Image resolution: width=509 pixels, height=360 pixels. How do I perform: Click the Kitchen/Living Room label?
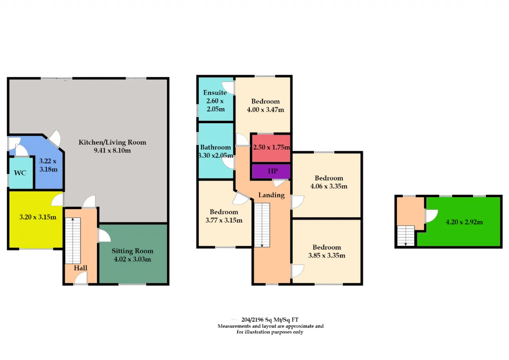(112, 142)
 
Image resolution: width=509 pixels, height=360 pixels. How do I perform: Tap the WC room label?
(20, 173)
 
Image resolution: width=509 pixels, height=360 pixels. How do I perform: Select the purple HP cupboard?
(271, 171)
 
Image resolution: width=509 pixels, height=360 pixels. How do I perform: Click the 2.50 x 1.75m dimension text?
(272, 147)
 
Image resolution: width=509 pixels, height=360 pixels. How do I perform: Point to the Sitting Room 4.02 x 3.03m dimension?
(132, 259)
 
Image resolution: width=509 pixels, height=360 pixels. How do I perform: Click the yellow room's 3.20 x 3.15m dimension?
(38, 217)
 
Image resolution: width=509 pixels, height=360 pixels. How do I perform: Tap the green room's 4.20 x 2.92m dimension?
(464, 222)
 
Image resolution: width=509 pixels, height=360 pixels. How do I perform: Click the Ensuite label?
(215, 93)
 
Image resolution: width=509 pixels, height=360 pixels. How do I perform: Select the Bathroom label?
(216, 147)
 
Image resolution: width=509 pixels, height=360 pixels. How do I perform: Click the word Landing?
(272, 195)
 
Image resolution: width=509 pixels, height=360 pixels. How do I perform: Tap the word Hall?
(80, 268)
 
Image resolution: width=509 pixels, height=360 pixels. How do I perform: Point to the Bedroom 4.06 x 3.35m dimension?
(329, 186)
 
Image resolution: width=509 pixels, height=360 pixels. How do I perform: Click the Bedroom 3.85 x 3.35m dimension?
(327, 255)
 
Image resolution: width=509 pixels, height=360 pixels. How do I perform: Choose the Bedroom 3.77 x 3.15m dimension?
(224, 220)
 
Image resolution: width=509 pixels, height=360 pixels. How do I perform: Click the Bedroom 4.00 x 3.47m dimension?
(265, 110)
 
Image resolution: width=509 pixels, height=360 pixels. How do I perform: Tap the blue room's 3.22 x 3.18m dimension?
(48, 165)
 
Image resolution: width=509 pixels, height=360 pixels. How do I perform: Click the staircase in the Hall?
(73, 241)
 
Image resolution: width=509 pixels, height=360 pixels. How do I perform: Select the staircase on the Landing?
(262, 225)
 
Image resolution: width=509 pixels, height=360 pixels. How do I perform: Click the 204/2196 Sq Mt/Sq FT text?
(270, 320)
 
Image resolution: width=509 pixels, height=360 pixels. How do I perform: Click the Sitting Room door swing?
(104, 236)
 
